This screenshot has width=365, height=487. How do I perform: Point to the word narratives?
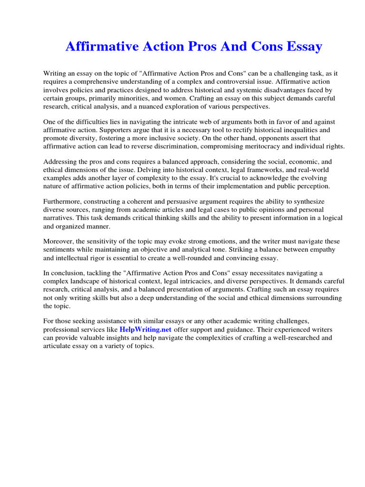[x=60, y=218]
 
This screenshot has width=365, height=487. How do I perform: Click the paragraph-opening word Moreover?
[x=58, y=241]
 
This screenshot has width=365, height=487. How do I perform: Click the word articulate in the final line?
[x=58, y=346]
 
